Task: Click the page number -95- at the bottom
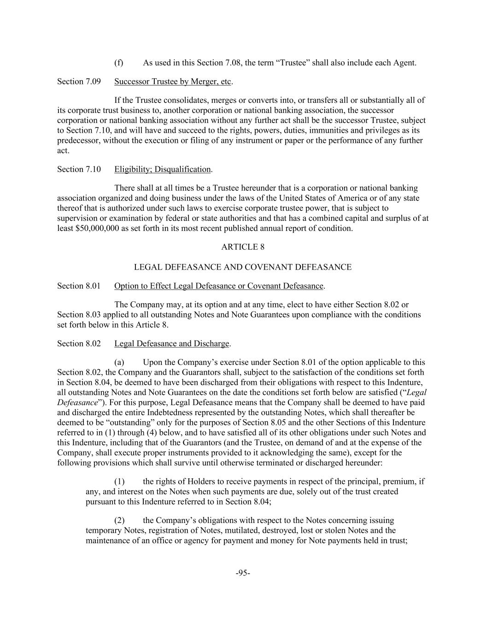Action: coord(243,573)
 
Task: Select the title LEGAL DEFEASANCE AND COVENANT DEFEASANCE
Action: coord(243,267)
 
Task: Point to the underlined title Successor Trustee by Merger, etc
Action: coord(173,82)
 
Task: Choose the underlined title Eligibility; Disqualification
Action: coord(163,169)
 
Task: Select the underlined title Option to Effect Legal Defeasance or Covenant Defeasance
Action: coord(219,286)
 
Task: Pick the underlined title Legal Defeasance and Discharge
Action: coord(171,344)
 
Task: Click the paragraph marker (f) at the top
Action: coord(119,63)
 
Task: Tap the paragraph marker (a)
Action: coord(119,363)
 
